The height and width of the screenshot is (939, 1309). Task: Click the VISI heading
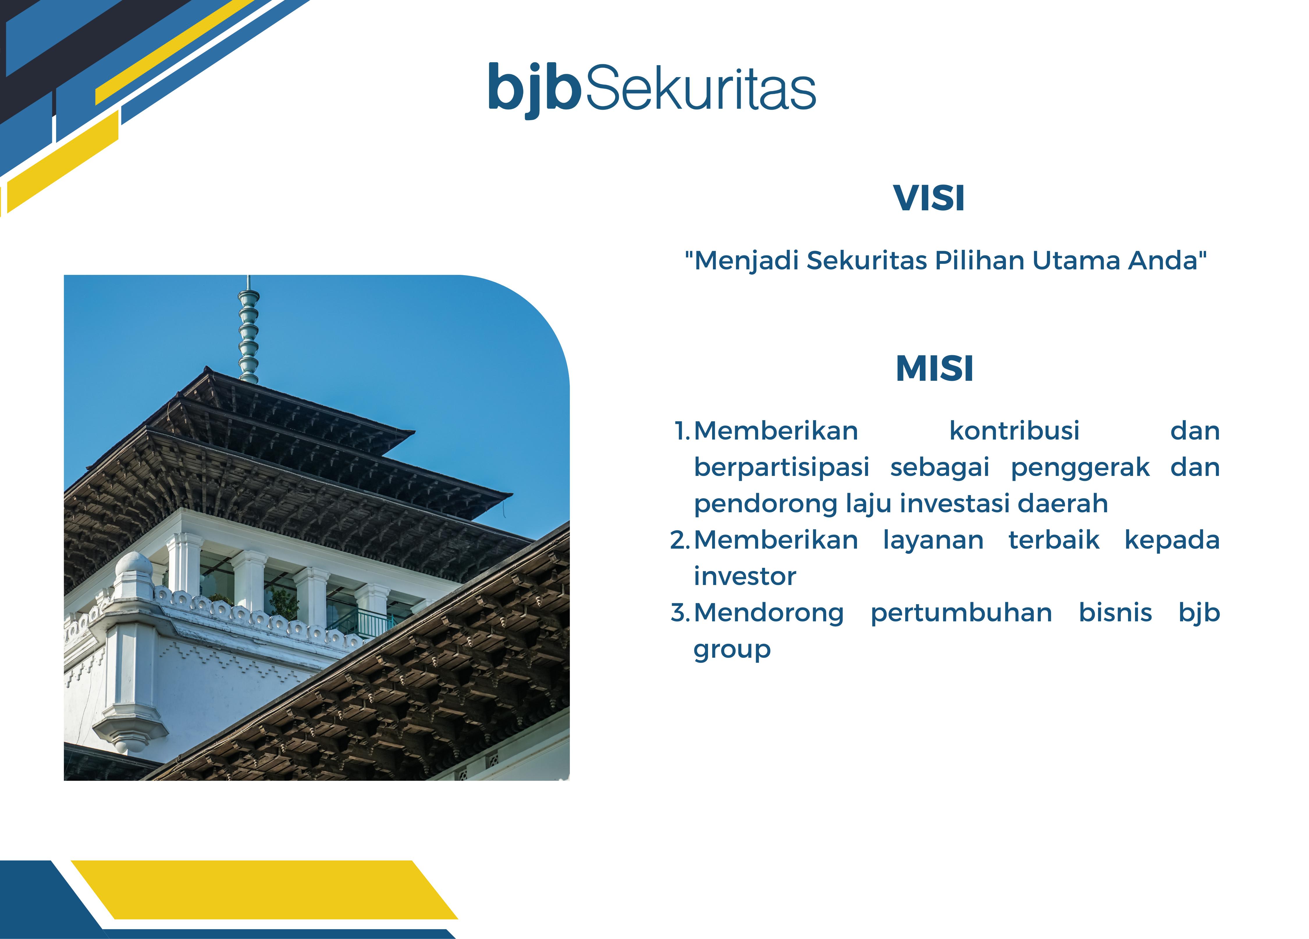click(929, 199)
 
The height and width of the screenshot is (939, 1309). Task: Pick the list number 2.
click(680, 540)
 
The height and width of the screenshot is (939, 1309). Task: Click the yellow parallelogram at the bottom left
click(264, 889)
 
